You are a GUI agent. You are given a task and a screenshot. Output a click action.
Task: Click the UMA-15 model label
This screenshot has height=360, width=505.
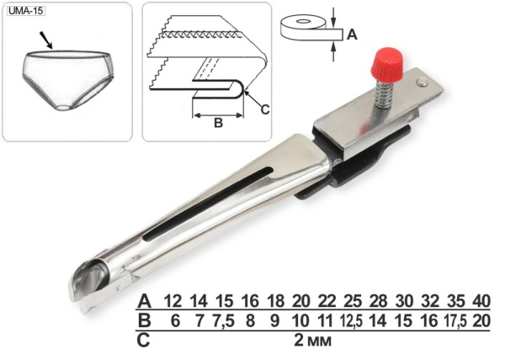point(26,11)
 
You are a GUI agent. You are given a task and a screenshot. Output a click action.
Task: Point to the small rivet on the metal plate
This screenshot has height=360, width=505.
point(422,82)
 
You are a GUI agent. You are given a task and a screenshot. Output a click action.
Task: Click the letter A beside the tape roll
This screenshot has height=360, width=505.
point(352,34)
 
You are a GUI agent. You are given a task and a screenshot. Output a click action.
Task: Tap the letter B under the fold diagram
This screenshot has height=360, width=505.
point(218,123)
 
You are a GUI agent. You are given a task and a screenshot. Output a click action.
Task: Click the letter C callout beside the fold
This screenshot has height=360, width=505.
point(265,109)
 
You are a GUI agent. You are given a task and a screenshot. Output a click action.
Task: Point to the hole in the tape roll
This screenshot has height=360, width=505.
point(302,21)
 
